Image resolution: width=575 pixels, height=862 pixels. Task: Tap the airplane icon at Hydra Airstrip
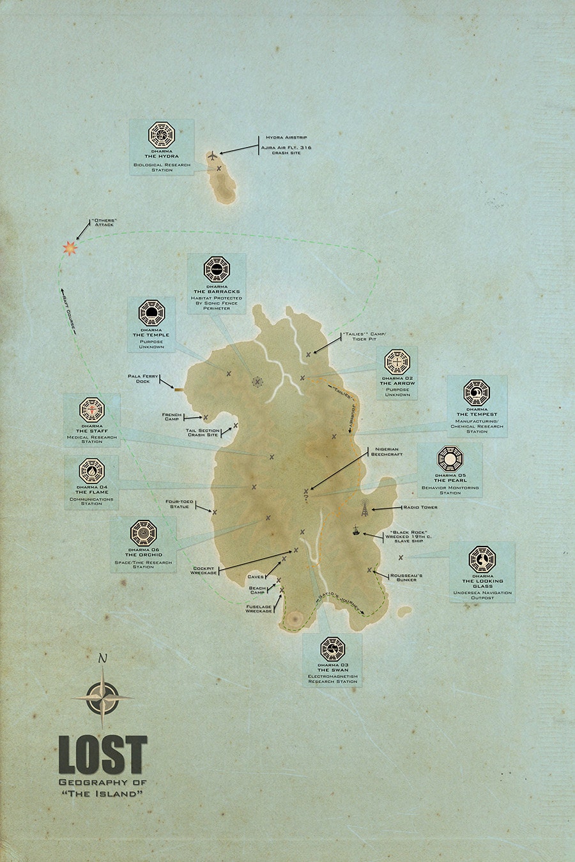(213, 155)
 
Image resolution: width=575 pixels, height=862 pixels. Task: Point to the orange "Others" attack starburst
(69, 247)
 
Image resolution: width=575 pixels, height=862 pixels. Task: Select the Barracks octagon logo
(217, 269)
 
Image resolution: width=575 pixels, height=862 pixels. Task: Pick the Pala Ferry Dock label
(143, 379)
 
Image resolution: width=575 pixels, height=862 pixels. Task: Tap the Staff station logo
(92, 409)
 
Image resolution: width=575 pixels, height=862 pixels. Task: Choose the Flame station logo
(92, 472)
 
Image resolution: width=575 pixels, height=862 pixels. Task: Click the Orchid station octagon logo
(143, 532)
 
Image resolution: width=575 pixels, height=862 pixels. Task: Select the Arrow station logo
(397, 362)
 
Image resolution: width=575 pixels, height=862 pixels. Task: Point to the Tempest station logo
(477, 391)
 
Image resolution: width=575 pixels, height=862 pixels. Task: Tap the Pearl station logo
(450, 458)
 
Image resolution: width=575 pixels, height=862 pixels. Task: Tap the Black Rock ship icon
(355, 530)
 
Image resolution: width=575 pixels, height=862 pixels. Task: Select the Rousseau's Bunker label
(406, 577)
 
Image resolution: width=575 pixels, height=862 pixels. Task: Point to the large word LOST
(103, 755)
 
